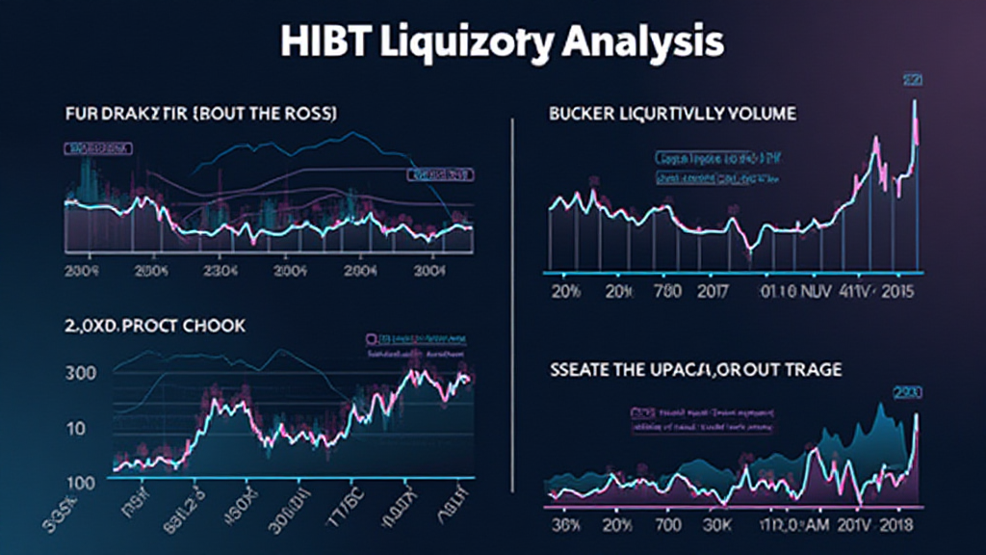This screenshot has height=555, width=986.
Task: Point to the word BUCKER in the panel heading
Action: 582,114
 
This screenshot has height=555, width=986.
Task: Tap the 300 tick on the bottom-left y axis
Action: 84,373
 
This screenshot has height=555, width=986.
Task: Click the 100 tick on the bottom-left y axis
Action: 81,482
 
